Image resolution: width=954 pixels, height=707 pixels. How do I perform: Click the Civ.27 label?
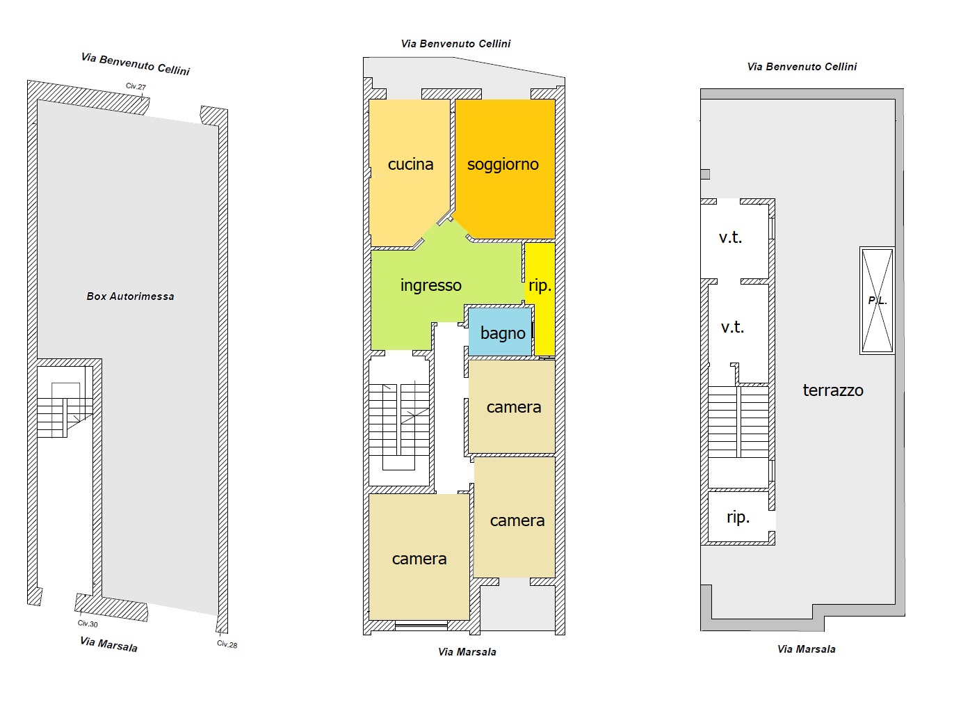coord(136,86)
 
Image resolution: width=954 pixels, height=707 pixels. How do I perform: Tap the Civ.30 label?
coord(88,623)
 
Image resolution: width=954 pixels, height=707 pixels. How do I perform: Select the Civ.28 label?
coord(227,644)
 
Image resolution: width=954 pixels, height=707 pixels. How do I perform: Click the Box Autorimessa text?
coord(130,296)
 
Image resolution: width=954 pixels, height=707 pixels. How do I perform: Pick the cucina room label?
coord(410,164)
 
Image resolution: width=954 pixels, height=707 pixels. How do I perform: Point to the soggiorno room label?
coord(503,164)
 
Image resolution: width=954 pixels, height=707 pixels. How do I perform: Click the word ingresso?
coord(430,285)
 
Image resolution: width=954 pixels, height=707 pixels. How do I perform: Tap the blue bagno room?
coord(500,332)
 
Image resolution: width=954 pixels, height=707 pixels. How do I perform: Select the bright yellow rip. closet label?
coord(540,285)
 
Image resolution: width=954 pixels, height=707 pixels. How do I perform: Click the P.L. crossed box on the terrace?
coord(878,301)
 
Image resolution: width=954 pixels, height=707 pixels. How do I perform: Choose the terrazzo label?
coord(833,390)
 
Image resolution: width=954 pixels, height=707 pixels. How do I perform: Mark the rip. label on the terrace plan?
coord(738,517)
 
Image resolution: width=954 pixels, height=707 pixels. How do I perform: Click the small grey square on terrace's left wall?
coord(705,174)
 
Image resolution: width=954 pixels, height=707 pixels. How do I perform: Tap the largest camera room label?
coord(419,559)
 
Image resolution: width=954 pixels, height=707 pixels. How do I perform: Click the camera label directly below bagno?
coord(514,407)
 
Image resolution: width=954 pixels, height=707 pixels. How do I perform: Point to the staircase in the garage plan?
coord(65,411)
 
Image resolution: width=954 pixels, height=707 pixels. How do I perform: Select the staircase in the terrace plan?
coord(738,422)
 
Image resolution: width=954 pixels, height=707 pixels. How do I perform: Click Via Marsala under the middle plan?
coord(467,652)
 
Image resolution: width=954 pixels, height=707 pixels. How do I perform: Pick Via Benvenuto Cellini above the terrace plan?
coord(802,67)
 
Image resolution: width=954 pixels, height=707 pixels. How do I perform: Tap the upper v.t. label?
coord(730,237)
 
